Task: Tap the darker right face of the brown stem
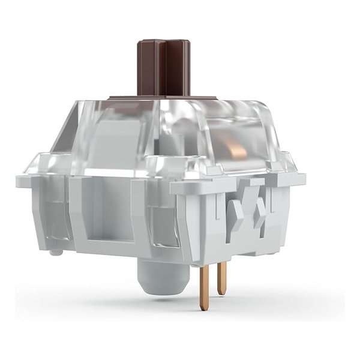click(179, 67)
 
